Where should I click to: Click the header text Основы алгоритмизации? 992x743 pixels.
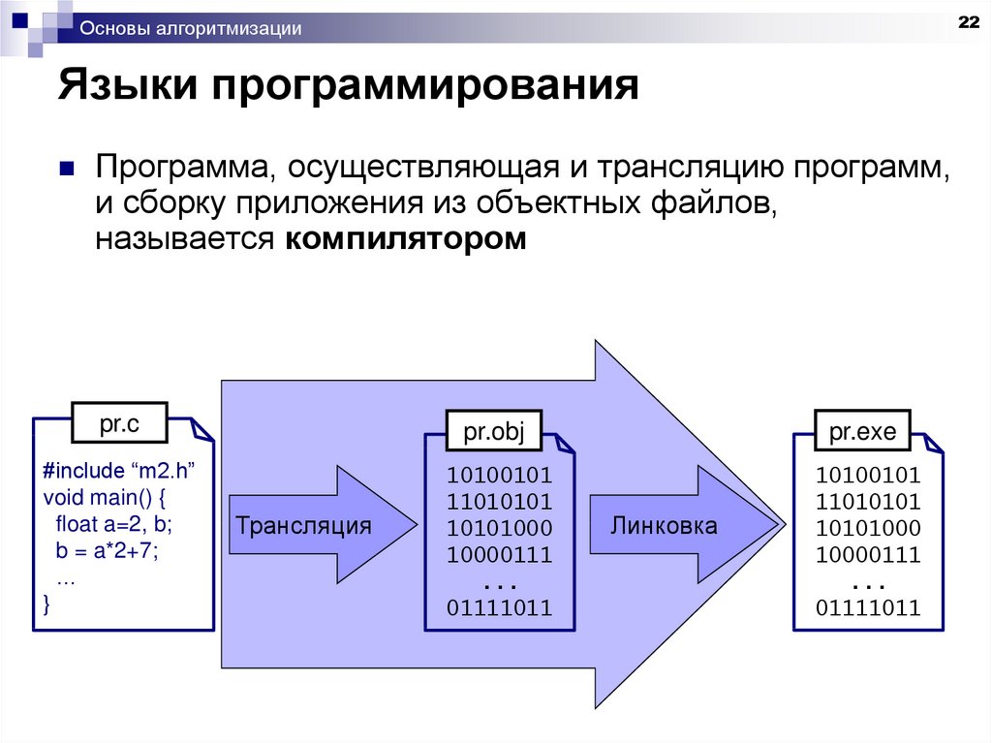191,29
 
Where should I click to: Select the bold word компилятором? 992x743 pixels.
406,239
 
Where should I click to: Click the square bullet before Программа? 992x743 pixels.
67,169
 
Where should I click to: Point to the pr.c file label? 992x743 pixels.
119,422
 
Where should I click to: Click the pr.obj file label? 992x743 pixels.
493,432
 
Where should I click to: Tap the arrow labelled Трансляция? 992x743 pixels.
304,526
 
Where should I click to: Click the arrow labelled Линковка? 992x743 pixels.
665,526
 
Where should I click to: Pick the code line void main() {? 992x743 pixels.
106,498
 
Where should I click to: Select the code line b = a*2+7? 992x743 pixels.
107,552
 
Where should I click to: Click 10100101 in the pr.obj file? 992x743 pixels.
499,476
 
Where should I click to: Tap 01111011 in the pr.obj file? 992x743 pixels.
499,608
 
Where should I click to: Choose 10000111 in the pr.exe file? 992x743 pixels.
867,555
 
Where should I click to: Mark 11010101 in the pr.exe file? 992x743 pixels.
867,502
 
